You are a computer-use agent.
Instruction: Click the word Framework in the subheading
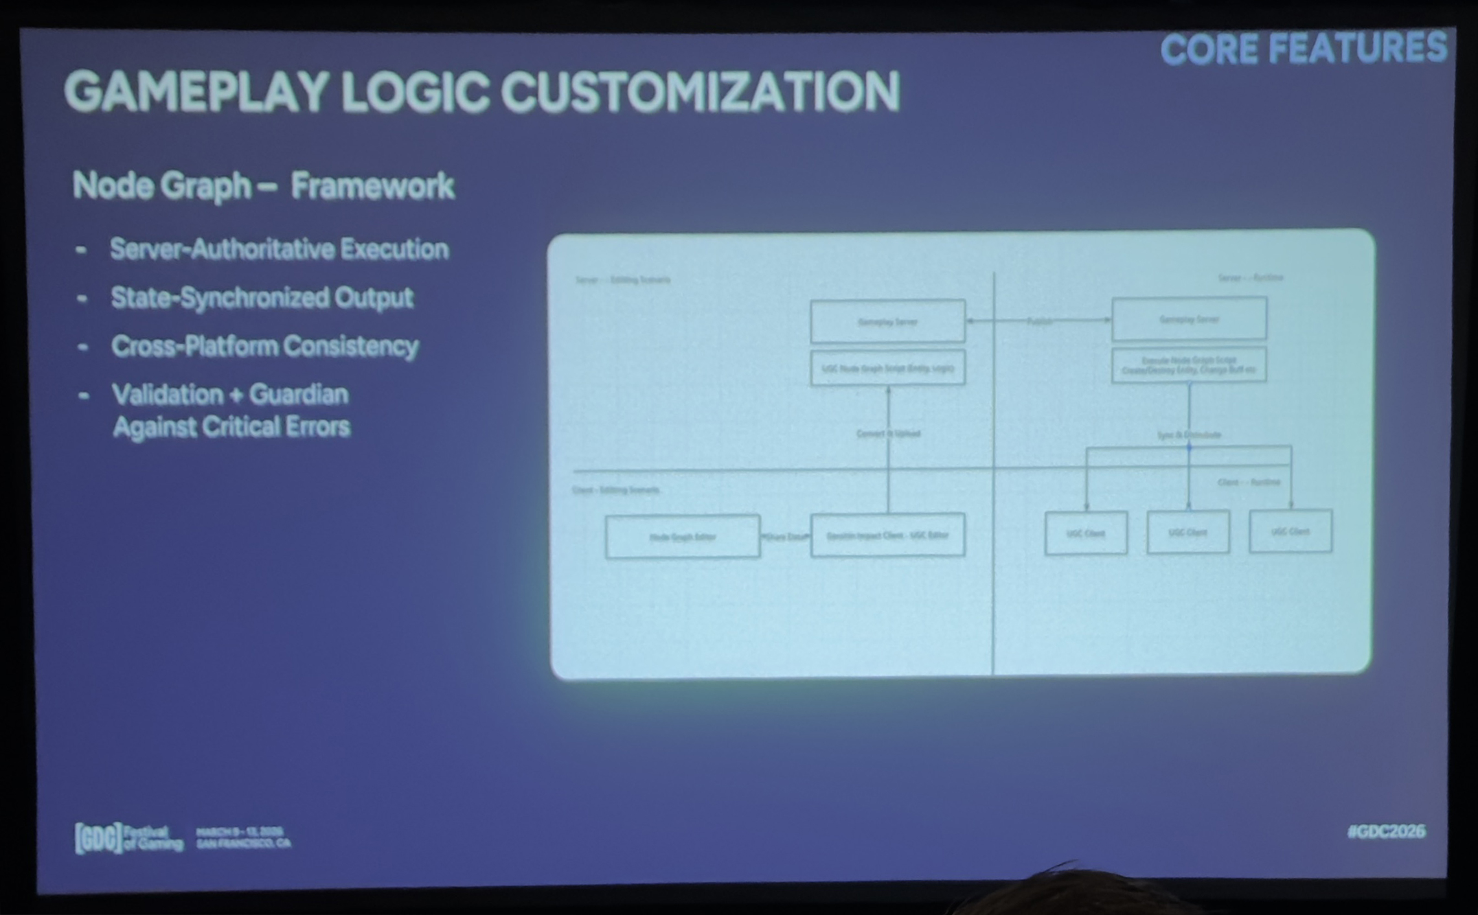[x=372, y=186]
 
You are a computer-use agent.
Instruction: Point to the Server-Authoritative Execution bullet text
[x=279, y=249]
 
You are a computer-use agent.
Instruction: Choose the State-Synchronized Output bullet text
[x=262, y=297]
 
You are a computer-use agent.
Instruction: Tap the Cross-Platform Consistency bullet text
[x=265, y=346]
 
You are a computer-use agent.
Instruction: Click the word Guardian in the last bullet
[x=299, y=394]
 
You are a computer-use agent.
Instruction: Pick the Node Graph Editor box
[x=683, y=537]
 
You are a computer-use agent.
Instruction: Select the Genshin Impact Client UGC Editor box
[x=887, y=535]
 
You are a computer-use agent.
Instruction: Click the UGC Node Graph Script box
[x=887, y=368]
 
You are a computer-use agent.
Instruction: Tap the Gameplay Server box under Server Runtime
[x=1189, y=319]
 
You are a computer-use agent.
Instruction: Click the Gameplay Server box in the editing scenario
[x=887, y=321]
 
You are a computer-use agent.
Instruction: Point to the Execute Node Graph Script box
[x=1189, y=365]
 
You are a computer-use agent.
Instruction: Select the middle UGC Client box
[x=1188, y=533]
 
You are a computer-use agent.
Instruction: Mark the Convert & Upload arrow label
[x=888, y=434]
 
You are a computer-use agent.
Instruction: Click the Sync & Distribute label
[x=1189, y=435]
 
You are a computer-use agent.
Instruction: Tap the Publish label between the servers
[x=1039, y=321]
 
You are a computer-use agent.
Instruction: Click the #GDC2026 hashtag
[x=1386, y=831]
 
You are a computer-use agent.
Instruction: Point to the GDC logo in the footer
[x=98, y=838]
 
